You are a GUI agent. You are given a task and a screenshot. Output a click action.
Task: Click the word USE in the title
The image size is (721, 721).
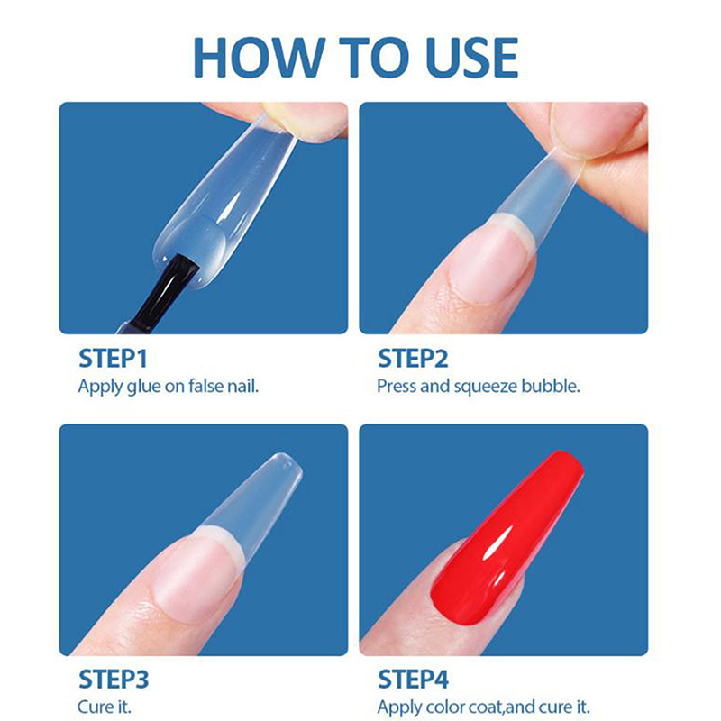[472, 58]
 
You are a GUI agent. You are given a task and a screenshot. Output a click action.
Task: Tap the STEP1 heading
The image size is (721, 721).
[113, 359]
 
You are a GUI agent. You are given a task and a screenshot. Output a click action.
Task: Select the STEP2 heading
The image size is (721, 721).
[413, 359]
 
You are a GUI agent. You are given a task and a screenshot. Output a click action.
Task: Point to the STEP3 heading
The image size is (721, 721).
[114, 680]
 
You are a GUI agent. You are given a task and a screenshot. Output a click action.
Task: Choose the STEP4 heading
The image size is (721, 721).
[413, 680]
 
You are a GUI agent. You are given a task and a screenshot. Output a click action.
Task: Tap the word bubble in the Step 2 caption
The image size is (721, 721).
[551, 387]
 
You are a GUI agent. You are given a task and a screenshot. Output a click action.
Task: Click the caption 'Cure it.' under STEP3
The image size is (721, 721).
[105, 707]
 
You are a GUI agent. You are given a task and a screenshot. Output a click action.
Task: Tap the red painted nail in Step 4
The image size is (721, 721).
[507, 538]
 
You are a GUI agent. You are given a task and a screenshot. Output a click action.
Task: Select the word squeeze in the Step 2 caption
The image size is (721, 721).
[485, 388]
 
